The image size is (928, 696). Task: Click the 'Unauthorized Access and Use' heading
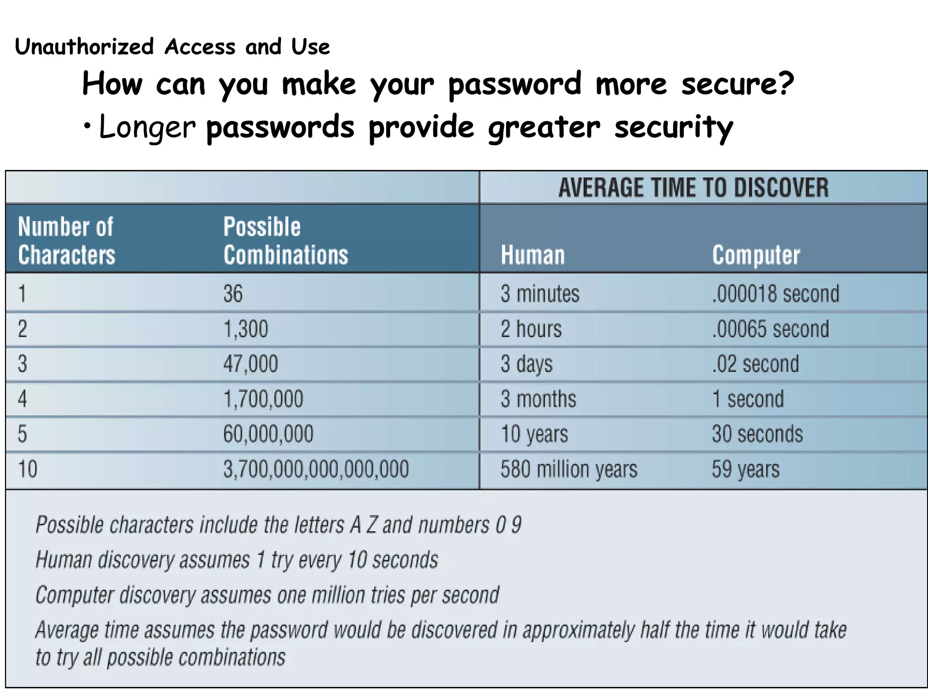[x=172, y=47]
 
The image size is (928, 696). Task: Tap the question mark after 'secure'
[x=784, y=84]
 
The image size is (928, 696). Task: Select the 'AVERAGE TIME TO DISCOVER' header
[x=693, y=188]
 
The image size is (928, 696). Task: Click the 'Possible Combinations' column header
[x=285, y=241]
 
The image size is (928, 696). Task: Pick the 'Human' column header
[x=533, y=255]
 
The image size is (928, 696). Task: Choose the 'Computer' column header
[x=756, y=255]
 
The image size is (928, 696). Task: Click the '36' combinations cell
[x=233, y=293]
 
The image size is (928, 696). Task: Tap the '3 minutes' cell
[x=540, y=293]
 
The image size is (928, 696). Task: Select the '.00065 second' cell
[x=770, y=329]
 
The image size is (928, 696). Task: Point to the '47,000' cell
[x=251, y=364]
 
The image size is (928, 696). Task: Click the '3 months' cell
[x=538, y=399]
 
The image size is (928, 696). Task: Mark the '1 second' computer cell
[x=748, y=399]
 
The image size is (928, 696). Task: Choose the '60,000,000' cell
[x=268, y=434]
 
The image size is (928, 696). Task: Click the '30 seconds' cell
[x=757, y=434]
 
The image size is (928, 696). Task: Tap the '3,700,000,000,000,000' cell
[x=316, y=469]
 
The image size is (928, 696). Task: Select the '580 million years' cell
[x=569, y=469]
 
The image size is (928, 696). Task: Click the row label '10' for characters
[x=28, y=469]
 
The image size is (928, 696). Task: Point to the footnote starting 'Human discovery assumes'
[x=237, y=560]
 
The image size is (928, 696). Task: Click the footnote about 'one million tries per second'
[x=267, y=595]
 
